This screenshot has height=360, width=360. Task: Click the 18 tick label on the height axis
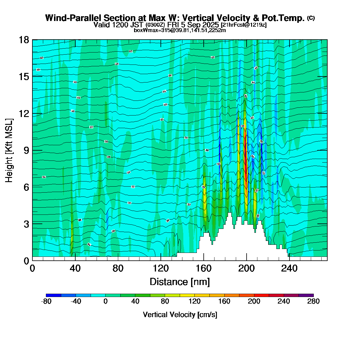coord(24,40)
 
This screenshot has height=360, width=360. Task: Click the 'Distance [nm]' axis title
coord(180,282)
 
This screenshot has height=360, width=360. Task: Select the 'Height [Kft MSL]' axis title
coord(9,150)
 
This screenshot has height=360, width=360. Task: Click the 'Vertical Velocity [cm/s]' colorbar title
coord(180,315)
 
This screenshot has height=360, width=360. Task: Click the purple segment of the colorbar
coord(306,295)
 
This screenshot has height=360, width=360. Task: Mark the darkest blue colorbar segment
coord(53,295)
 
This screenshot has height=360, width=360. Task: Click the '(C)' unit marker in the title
coord(311,18)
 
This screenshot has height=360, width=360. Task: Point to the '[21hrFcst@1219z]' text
coord(243,25)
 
